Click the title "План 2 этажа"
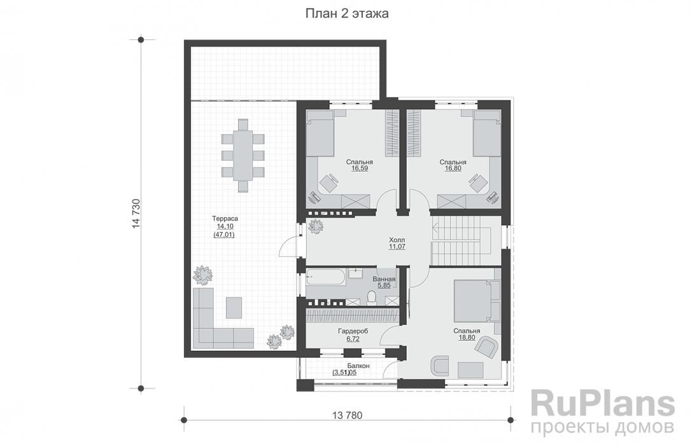347,13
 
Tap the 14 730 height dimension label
136,214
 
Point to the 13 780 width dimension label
347,415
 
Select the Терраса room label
225,218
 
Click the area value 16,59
360,168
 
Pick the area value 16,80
453,168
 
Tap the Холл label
397,240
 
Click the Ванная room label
384,279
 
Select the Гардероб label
353,331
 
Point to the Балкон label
358,366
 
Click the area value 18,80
467,338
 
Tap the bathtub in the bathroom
325,277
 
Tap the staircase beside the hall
460,240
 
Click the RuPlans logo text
603,404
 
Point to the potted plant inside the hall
316,227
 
